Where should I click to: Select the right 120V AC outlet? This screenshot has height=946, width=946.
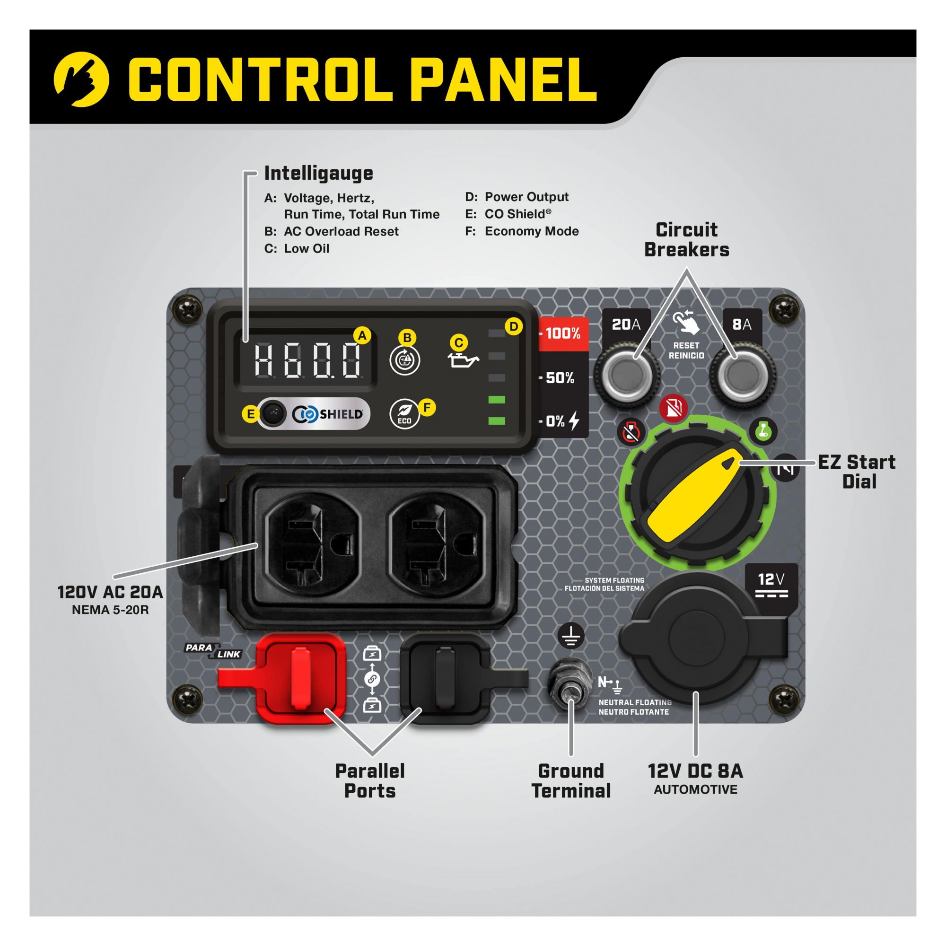pyautogui.click(x=436, y=544)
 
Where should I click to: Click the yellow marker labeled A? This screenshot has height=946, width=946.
pyautogui.click(x=362, y=336)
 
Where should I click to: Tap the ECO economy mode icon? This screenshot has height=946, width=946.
pyautogui.click(x=404, y=414)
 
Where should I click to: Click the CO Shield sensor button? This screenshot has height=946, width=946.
pyautogui.click(x=272, y=414)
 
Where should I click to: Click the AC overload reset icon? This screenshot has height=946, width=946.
pyautogui.click(x=404, y=360)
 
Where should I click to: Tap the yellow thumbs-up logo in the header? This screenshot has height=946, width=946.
pyautogui.click(x=81, y=79)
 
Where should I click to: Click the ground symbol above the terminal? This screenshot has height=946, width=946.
pyautogui.click(x=571, y=636)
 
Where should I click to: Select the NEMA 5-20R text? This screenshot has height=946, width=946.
pyautogui.click(x=110, y=610)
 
